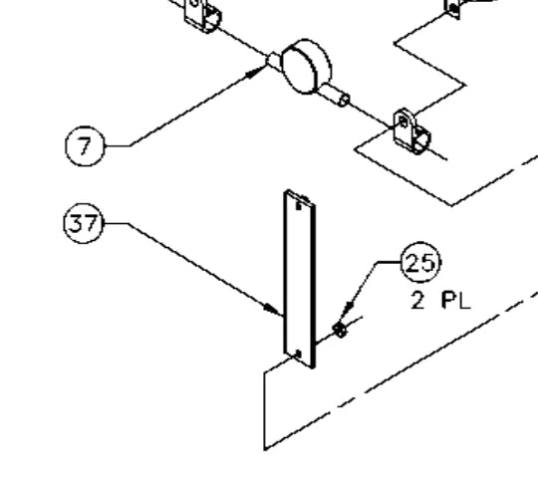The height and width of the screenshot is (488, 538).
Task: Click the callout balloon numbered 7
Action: point(85,146)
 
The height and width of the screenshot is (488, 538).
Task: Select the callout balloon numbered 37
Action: point(84,224)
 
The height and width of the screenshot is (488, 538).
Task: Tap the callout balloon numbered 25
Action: point(420,262)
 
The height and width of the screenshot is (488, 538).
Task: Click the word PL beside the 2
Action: point(456,301)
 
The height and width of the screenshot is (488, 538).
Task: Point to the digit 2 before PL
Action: point(417,301)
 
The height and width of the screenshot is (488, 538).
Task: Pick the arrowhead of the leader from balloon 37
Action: point(273,309)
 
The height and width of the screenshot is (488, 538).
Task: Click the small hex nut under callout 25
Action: point(340,330)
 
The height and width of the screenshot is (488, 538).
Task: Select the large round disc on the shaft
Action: point(306,67)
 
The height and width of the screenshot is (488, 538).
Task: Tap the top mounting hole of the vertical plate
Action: point(299,206)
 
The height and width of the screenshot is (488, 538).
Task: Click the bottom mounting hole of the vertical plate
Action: point(298,354)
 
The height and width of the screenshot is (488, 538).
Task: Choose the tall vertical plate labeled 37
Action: point(299,279)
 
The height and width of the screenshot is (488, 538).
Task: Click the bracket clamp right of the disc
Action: point(411,131)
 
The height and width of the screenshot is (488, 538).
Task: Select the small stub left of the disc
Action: point(274,61)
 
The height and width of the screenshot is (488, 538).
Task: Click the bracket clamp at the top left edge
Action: point(203,16)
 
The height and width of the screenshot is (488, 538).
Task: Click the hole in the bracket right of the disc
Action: point(403,122)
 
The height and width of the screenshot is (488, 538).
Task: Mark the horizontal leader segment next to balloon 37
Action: point(116,224)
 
